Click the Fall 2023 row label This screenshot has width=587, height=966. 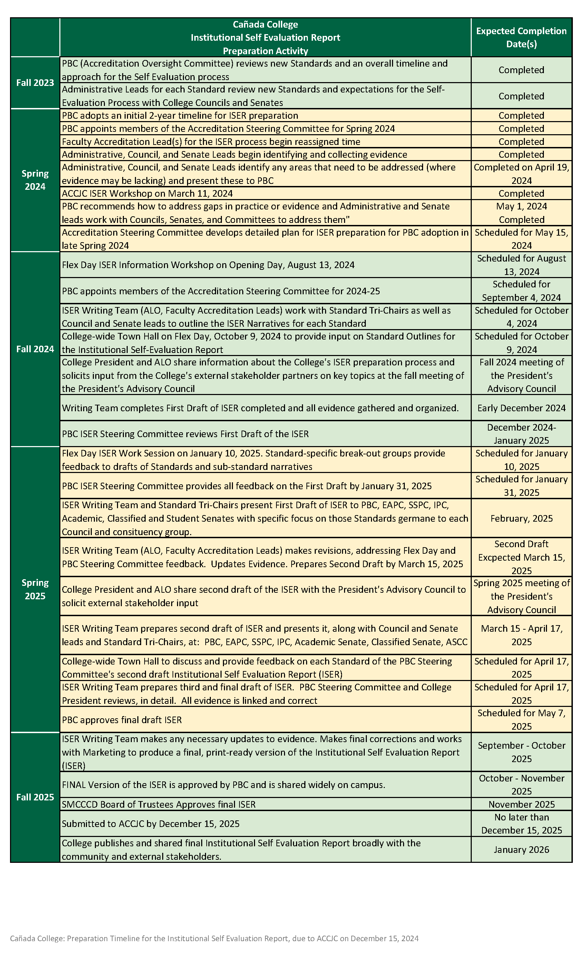(35, 83)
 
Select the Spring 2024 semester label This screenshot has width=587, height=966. (35, 180)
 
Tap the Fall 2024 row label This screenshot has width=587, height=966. (35, 349)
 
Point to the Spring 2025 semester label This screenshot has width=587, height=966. (35, 589)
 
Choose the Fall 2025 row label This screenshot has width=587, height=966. (35, 797)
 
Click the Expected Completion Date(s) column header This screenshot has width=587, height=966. (521, 37)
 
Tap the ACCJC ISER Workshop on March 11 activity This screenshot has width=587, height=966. (147, 194)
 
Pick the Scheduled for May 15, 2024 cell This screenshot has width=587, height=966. (521, 239)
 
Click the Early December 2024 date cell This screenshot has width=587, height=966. (521, 408)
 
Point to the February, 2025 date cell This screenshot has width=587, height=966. (521, 518)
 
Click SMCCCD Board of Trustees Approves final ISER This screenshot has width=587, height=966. (159, 805)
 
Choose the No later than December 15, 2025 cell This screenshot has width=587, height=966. (521, 824)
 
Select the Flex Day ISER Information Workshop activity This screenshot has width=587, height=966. (208, 265)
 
